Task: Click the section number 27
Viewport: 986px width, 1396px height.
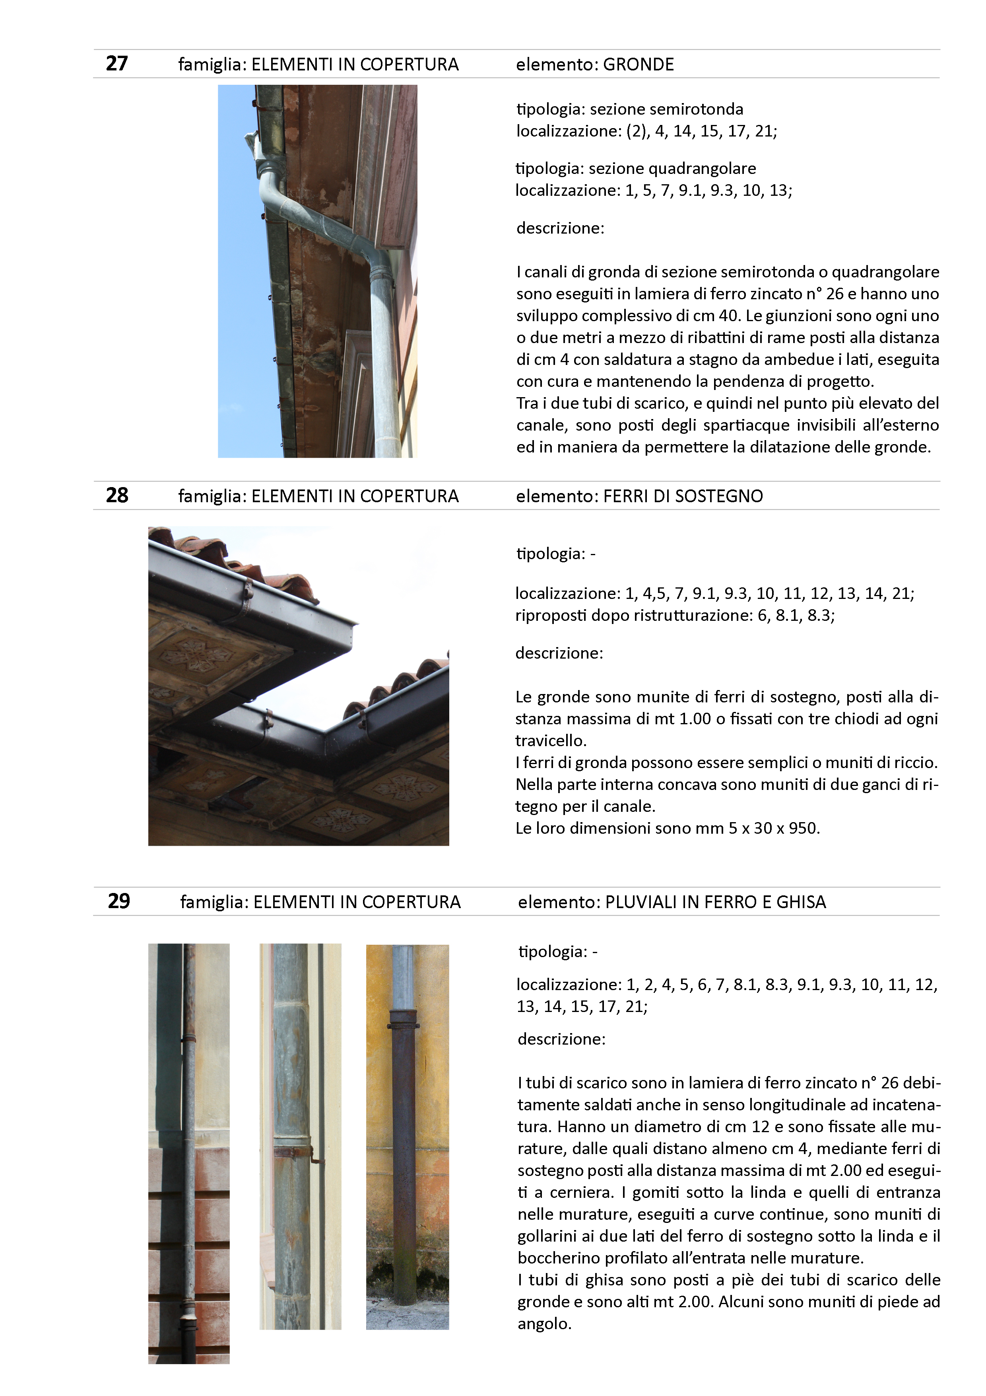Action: pos(116,63)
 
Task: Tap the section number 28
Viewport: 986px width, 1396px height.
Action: pos(116,495)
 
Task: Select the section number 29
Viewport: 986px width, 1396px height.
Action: pos(118,901)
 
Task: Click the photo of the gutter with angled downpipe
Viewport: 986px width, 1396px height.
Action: pos(317,271)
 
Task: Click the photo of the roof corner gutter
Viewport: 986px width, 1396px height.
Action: pos(298,685)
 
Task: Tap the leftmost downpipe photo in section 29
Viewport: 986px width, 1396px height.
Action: pos(189,1153)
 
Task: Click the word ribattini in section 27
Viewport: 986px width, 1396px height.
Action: pos(629,337)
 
